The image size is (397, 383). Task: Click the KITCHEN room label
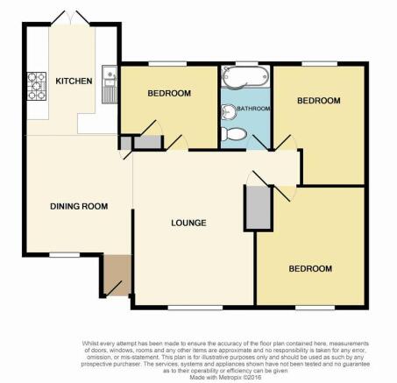coord(74,81)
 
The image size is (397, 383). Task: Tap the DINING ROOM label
coord(79,206)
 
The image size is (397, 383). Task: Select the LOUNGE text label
coord(188,223)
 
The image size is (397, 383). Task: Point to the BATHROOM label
coord(253,109)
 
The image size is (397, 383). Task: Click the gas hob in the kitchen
coord(37,86)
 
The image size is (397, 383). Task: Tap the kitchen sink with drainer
coord(110,84)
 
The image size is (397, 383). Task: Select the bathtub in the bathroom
coord(245,76)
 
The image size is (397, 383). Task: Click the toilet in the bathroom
coord(233,134)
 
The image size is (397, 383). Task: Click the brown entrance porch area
coord(117,274)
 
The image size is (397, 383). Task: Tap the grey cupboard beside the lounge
coord(259,208)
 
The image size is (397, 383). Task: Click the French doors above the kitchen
coord(70,18)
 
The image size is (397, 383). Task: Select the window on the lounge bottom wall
coord(195,308)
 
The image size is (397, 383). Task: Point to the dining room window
coord(64,255)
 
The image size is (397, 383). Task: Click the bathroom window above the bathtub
coord(247,63)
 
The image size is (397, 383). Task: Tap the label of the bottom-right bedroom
coord(310,268)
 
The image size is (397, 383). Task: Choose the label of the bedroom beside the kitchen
coord(169,93)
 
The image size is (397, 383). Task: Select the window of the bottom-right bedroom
coord(315,308)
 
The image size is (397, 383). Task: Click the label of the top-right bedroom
coord(319,101)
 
